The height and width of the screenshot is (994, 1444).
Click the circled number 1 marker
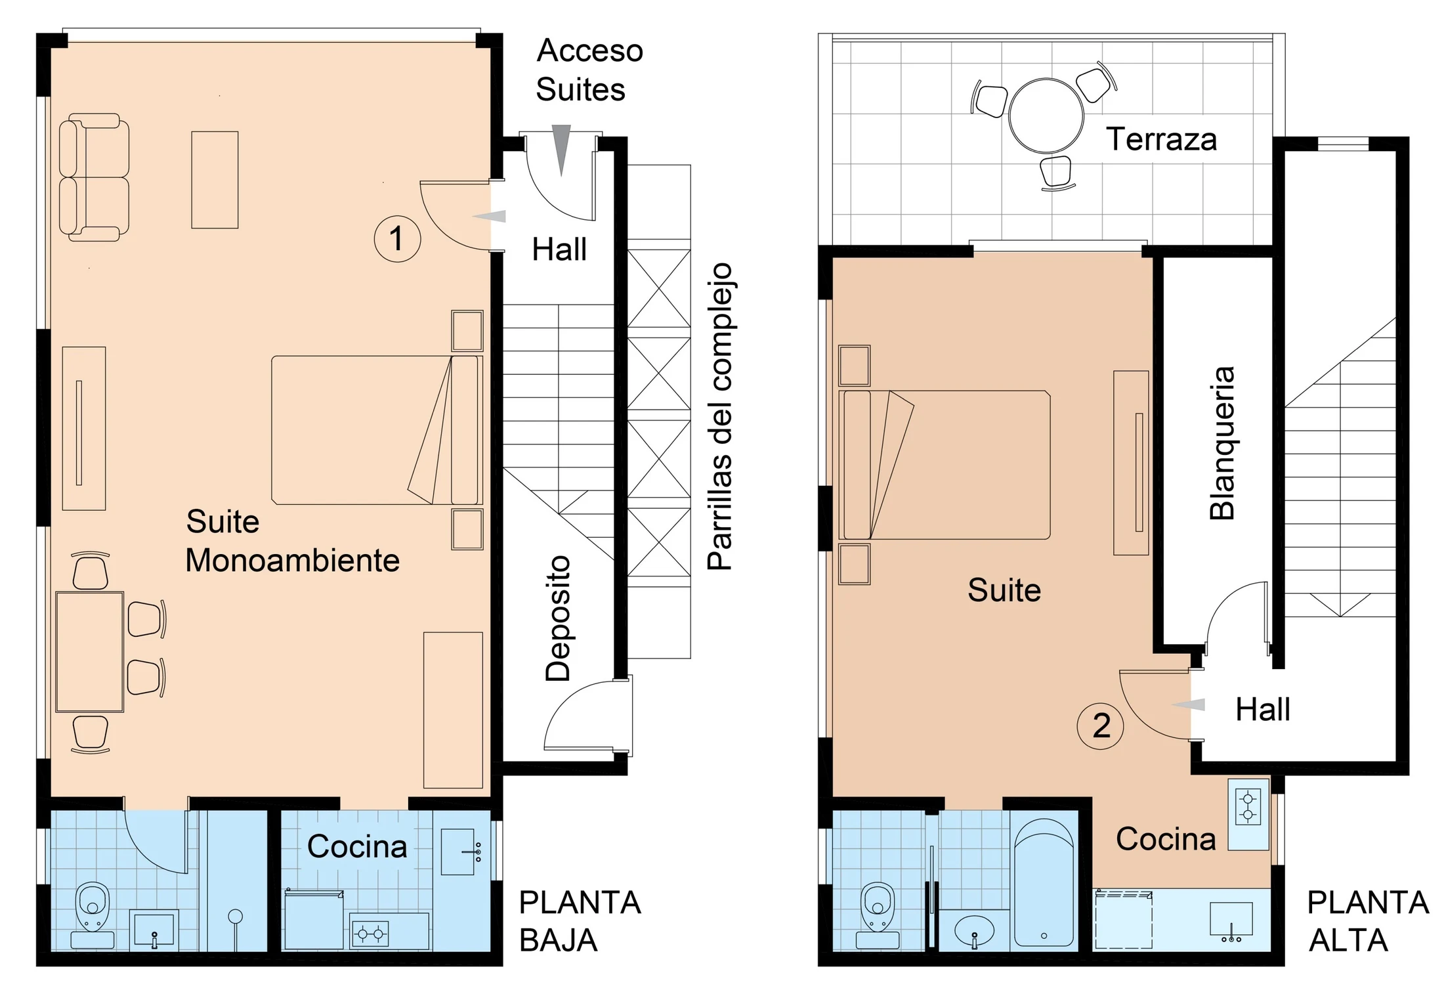[x=397, y=238]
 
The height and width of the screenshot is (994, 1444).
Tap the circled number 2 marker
[x=1101, y=726]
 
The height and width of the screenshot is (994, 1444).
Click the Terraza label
[x=1161, y=139]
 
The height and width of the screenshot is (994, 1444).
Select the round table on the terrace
[x=1046, y=116]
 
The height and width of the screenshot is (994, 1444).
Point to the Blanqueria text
[x=1222, y=443]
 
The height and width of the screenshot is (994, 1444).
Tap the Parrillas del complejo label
[x=720, y=417]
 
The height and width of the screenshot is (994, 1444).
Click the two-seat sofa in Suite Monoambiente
[x=94, y=177]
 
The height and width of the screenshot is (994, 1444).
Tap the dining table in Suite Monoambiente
[x=90, y=652]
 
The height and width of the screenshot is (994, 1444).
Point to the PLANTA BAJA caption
[x=580, y=921]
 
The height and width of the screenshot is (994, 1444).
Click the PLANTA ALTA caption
[x=1368, y=921]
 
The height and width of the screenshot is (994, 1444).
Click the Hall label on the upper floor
[x=1263, y=710]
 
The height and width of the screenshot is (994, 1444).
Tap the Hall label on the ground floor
[x=559, y=249]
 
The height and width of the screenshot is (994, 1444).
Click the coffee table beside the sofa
[x=215, y=180]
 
